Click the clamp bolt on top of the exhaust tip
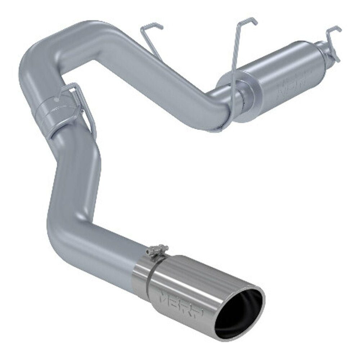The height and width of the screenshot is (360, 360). [157, 249]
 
